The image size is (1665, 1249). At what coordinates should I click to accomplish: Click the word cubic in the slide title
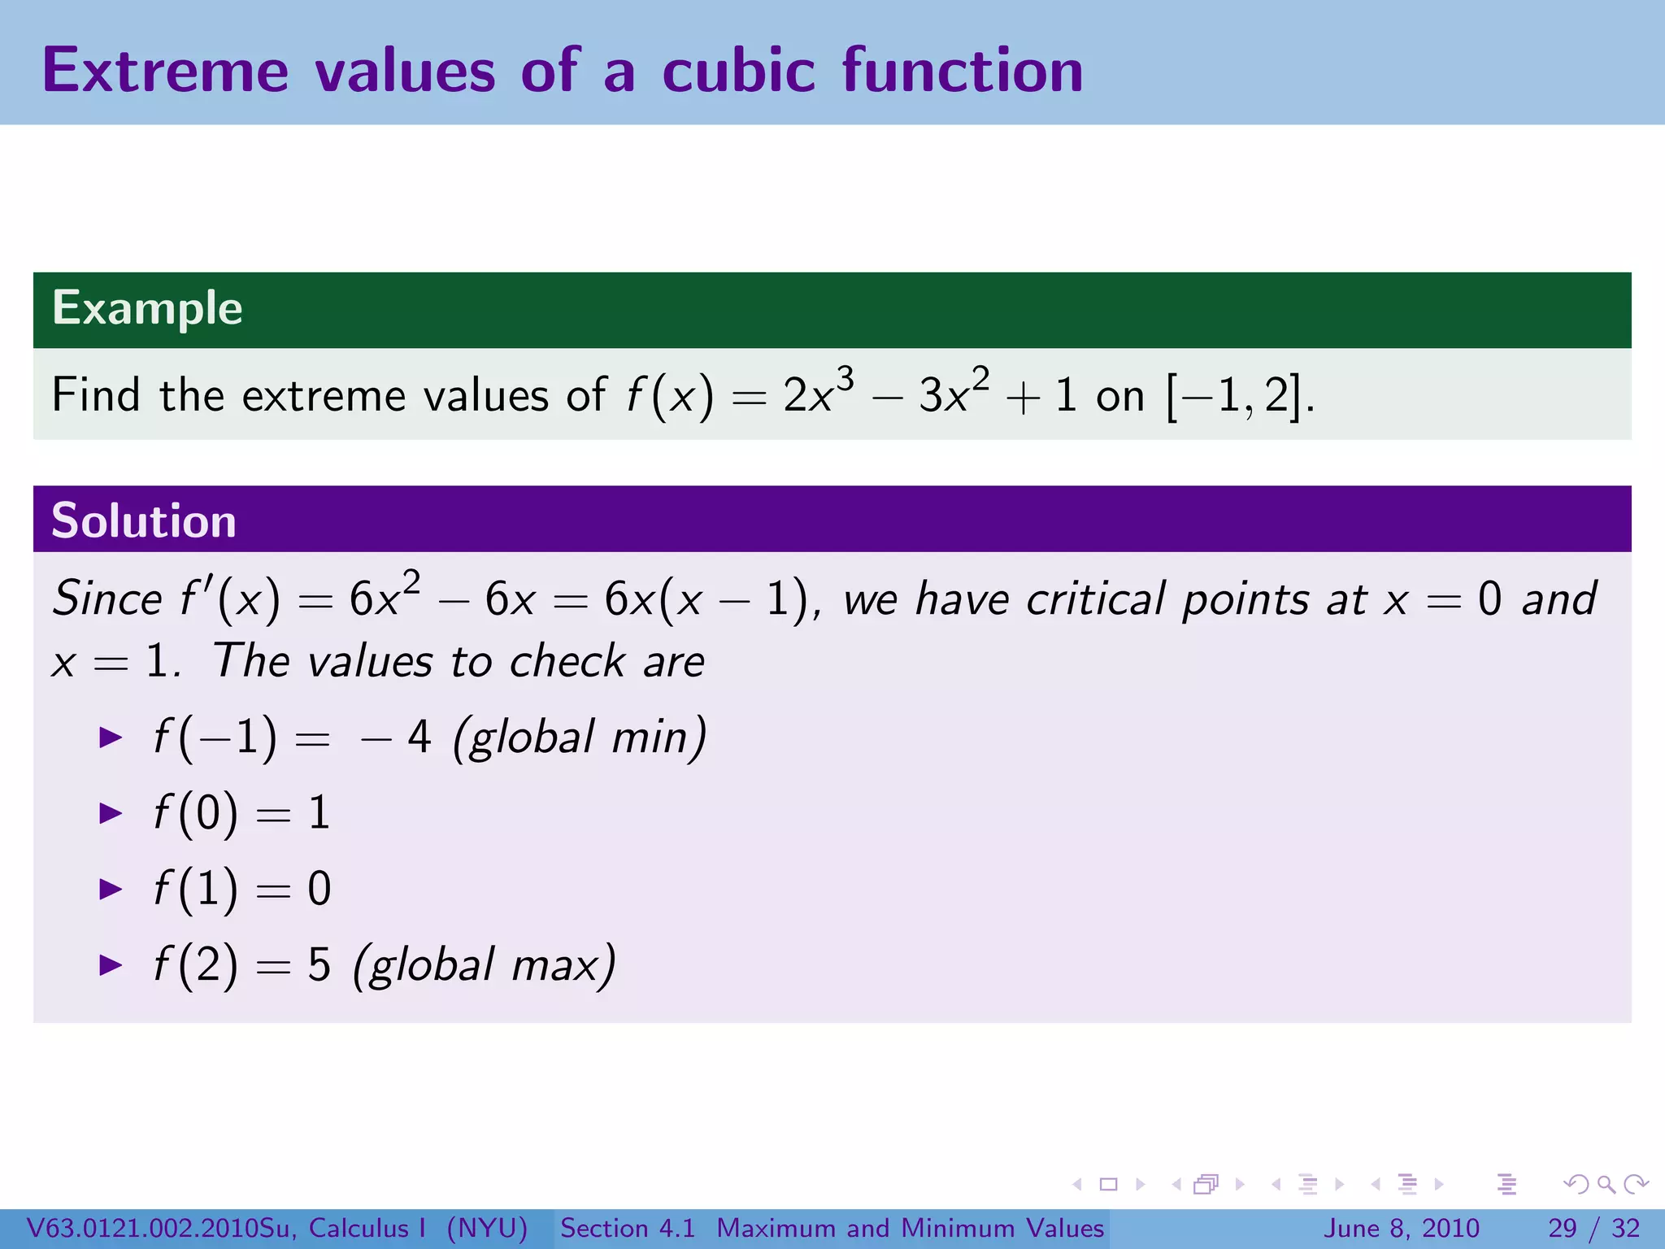tap(737, 71)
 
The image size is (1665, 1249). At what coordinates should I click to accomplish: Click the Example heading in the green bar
tap(147, 308)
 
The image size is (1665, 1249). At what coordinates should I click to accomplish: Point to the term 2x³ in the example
tap(817, 394)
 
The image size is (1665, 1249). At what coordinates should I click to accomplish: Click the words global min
tap(579, 738)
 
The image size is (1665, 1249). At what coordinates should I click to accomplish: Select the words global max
tap(485, 966)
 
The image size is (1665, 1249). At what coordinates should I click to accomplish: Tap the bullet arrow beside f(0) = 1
tap(111, 813)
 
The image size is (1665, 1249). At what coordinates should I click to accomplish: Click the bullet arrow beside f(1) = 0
tap(111, 889)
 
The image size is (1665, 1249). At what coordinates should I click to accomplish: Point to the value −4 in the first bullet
tap(396, 738)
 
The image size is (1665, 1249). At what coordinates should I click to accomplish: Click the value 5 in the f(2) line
tap(320, 966)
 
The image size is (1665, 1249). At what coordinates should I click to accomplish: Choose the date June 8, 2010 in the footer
tap(1402, 1228)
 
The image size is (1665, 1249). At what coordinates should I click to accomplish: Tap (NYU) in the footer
tap(487, 1228)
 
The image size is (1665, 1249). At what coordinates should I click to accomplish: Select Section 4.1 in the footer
tap(628, 1228)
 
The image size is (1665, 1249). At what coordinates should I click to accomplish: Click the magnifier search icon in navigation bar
tap(1606, 1185)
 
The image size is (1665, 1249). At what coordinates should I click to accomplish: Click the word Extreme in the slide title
tap(165, 71)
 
